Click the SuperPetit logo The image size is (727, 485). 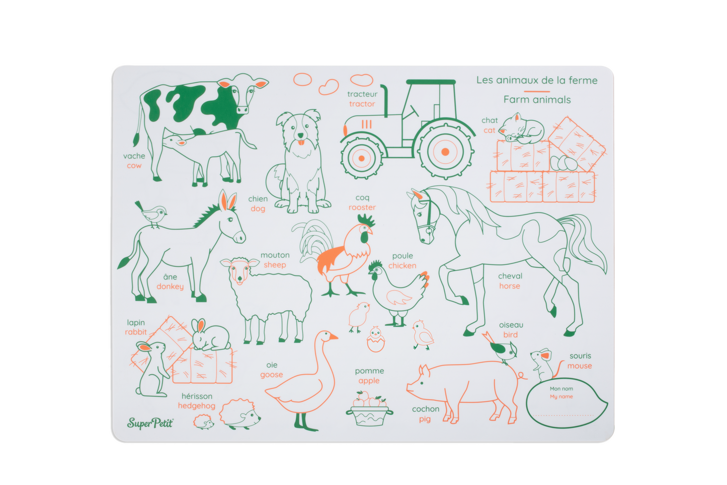click(150, 423)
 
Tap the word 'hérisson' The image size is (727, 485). click(197, 396)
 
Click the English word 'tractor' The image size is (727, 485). click(362, 104)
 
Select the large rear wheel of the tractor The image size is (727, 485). click(445, 152)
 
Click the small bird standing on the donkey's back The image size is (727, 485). click(152, 215)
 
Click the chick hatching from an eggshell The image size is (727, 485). click(375, 339)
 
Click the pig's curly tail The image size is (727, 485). click(522, 377)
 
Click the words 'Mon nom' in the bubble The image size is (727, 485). click(561, 389)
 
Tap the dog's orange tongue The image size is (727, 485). click(301, 143)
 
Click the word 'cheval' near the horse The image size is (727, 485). click(510, 276)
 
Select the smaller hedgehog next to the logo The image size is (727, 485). click(203, 422)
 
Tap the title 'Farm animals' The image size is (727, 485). click(537, 100)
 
